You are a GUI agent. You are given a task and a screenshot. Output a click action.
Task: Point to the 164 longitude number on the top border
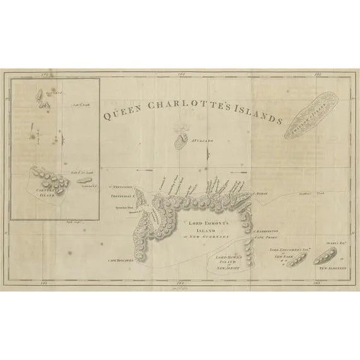[180, 76]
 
